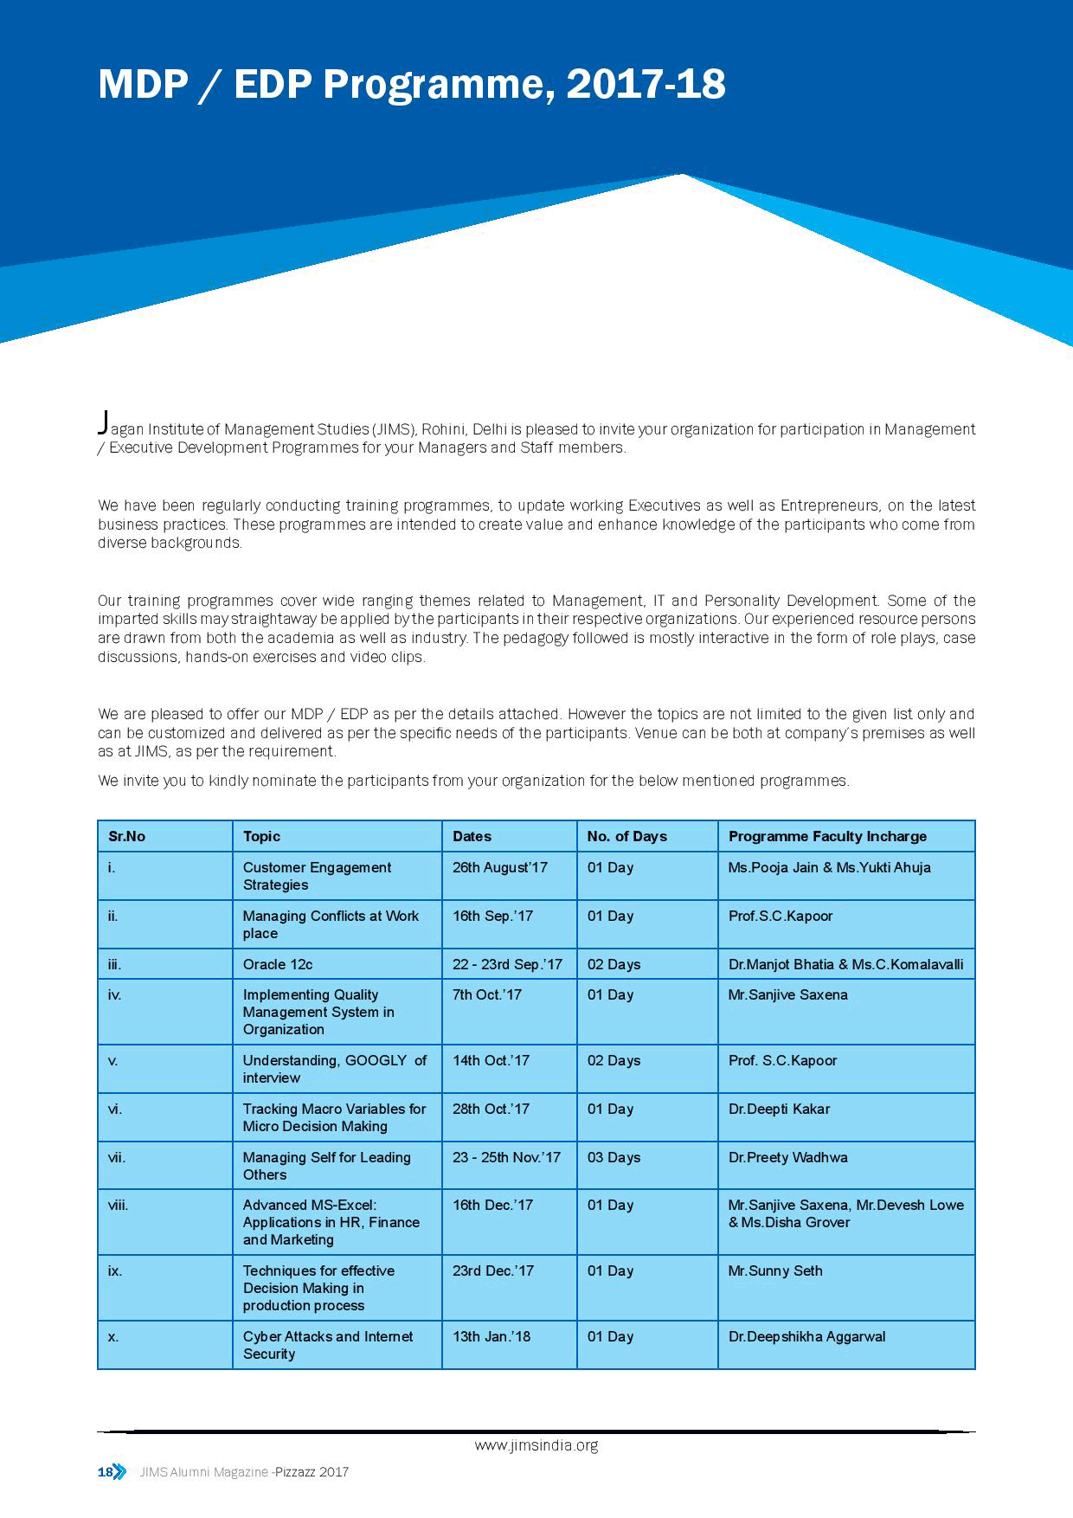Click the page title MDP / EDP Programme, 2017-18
click(x=412, y=85)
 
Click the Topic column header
click(x=261, y=836)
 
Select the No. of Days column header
click(x=626, y=836)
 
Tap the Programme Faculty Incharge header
click(x=827, y=836)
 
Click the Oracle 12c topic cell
click(x=278, y=964)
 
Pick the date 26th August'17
click(x=500, y=867)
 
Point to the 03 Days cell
click(x=614, y=1157)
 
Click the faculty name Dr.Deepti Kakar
click(x=779, y=1109)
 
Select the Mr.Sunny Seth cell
click(x=775, y=1270)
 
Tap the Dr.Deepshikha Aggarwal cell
click(x=806, y=1336)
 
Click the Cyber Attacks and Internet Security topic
click(x=327, y=1345)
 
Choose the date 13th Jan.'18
click(x=492, y=1336)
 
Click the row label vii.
click(x=117, y=1157)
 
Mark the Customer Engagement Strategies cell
click(x=317, y=876)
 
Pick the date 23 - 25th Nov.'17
click(x=506, y=1157)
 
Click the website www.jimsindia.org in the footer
click(x=536, y=1445)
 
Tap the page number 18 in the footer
click(x=106, y=1472)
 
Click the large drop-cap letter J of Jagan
click(x=103, y=422)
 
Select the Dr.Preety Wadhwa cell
click(x=787, y=1157)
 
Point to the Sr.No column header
click(x=126, y=836)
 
